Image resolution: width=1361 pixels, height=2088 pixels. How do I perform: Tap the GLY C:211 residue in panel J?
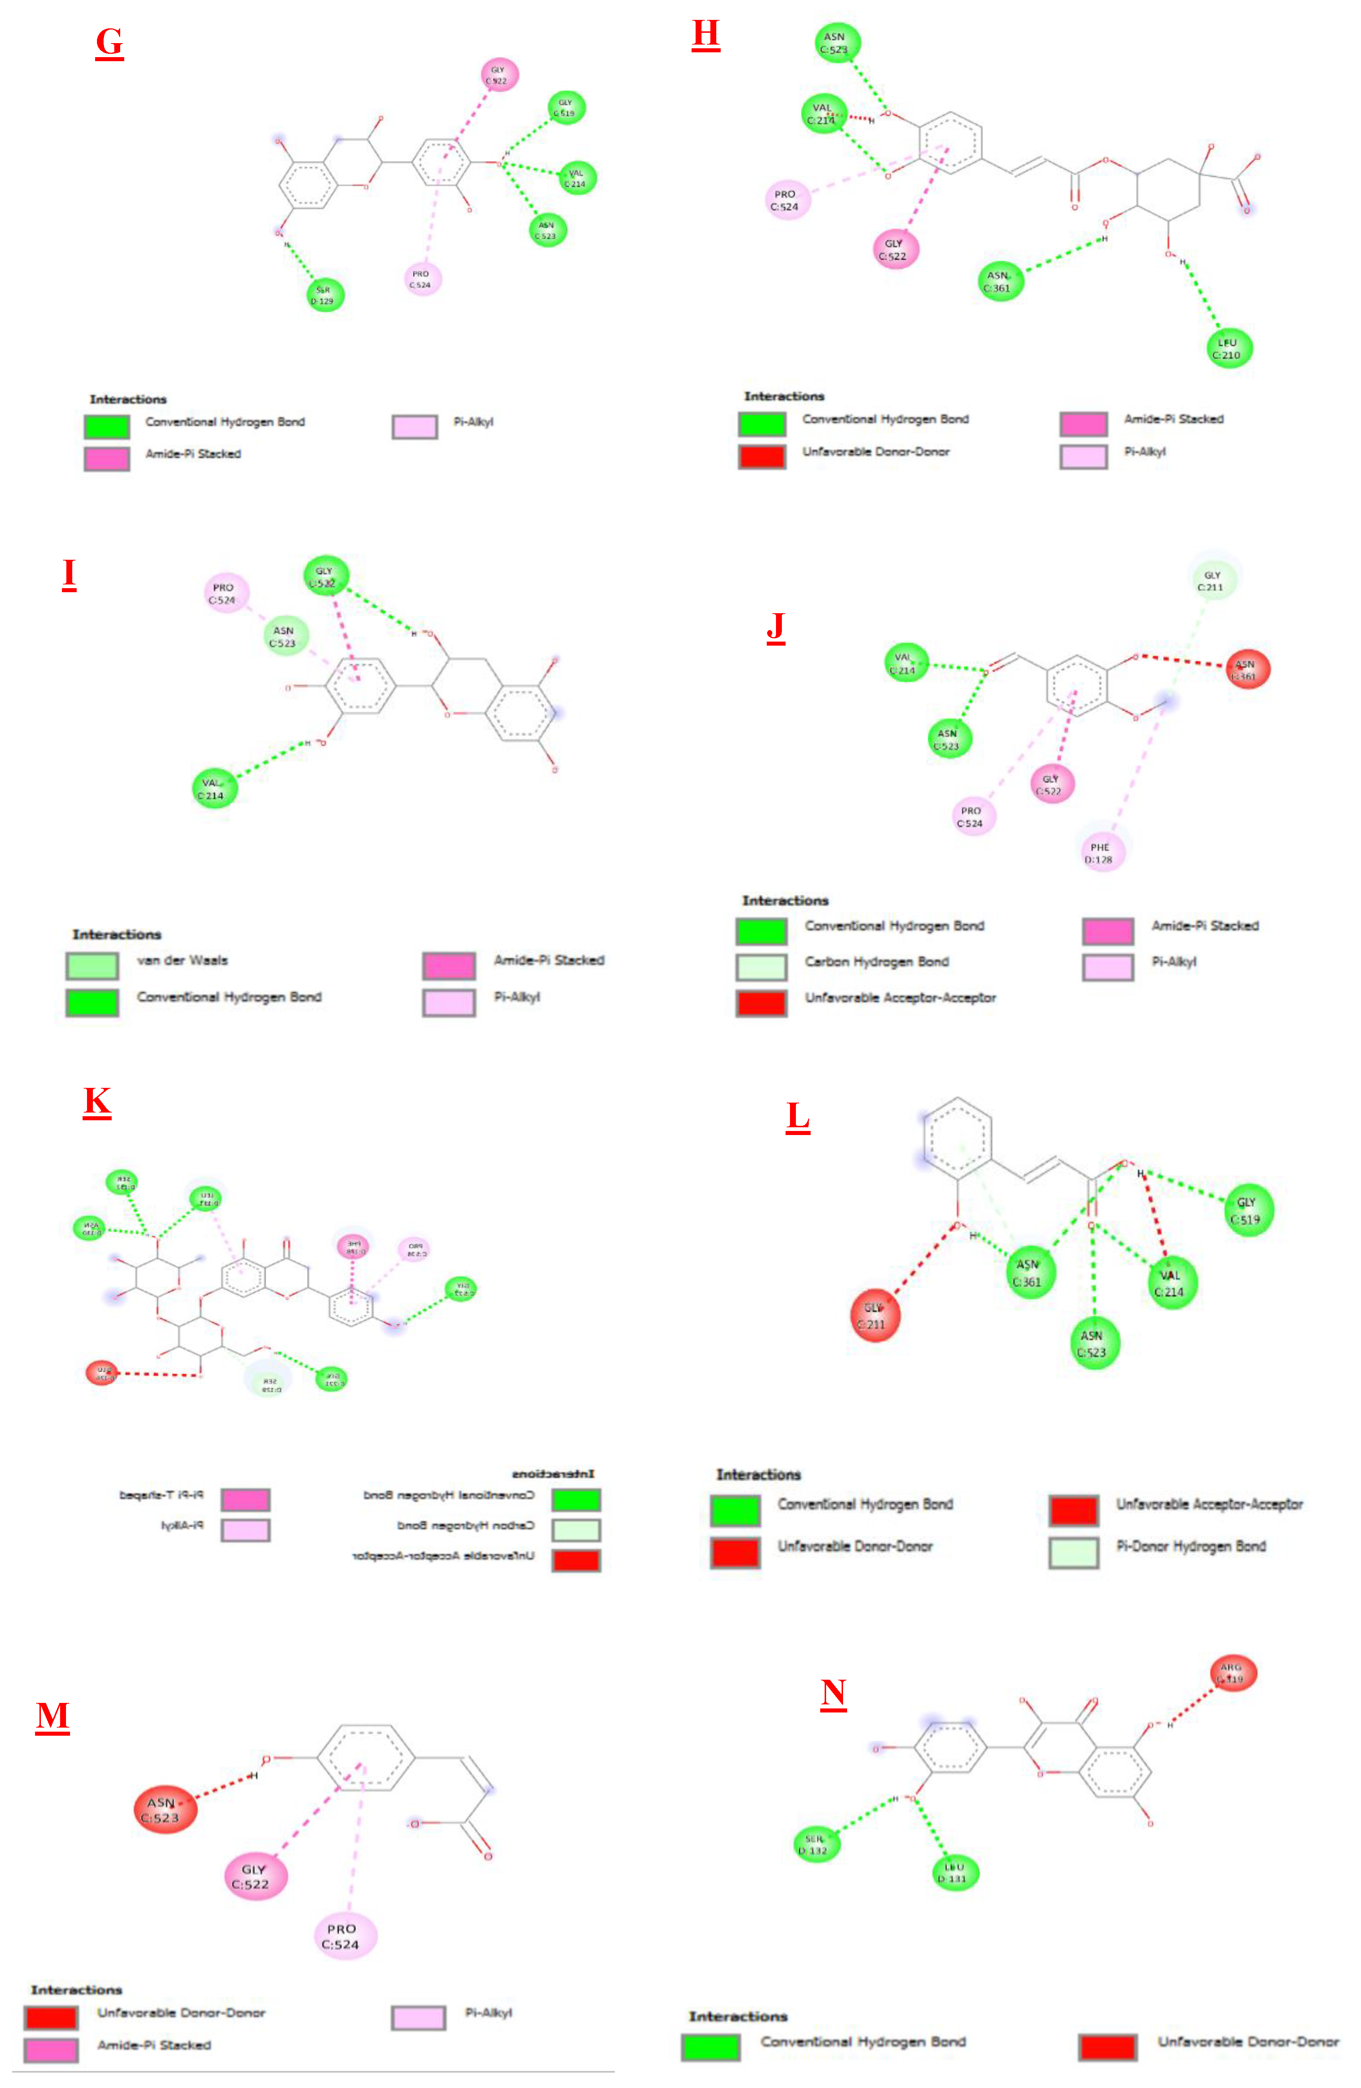click(x=1212, y=581)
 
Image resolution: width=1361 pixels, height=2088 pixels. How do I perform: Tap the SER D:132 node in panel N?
click(x=815, y=1843)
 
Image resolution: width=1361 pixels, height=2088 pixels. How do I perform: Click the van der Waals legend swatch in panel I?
click(x=92, y=965)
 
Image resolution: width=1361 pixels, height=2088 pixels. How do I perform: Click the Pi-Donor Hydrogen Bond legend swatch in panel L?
click(x=1073, y=1552)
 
